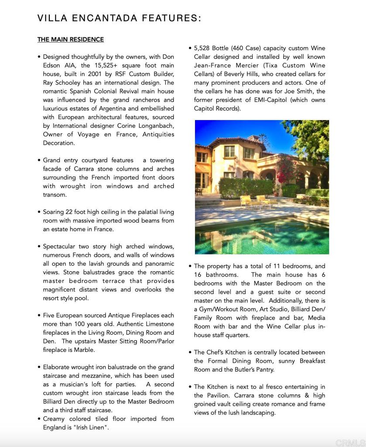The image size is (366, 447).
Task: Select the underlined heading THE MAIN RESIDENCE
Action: pos(71,40)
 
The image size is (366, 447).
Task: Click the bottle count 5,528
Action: pos(203,48)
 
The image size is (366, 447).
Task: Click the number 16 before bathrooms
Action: pos(198,275)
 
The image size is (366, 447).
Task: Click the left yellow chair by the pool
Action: pos(246,200)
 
